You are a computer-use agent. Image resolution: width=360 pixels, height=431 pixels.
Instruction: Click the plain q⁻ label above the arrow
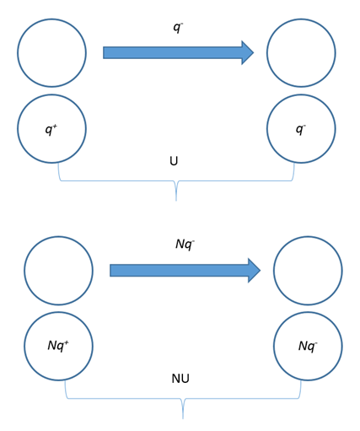(178, 28)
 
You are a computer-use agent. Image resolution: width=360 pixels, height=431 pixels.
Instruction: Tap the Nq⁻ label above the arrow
(185, 245)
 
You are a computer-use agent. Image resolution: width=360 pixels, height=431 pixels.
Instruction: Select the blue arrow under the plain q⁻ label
(179, 52)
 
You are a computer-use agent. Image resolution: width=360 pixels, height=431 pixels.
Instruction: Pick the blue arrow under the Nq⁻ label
(185, 271)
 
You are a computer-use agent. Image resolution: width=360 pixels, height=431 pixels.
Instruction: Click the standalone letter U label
(174, 161)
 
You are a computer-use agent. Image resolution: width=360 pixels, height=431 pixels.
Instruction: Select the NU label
(180, 379)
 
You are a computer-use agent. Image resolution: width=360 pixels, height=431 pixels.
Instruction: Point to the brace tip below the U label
(176, 201)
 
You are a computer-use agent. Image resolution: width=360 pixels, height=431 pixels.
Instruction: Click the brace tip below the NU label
(183, 418)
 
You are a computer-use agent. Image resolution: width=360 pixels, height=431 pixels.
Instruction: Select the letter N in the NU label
(176, 379)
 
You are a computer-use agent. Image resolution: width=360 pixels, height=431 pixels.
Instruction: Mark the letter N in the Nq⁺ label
(53, 345)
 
